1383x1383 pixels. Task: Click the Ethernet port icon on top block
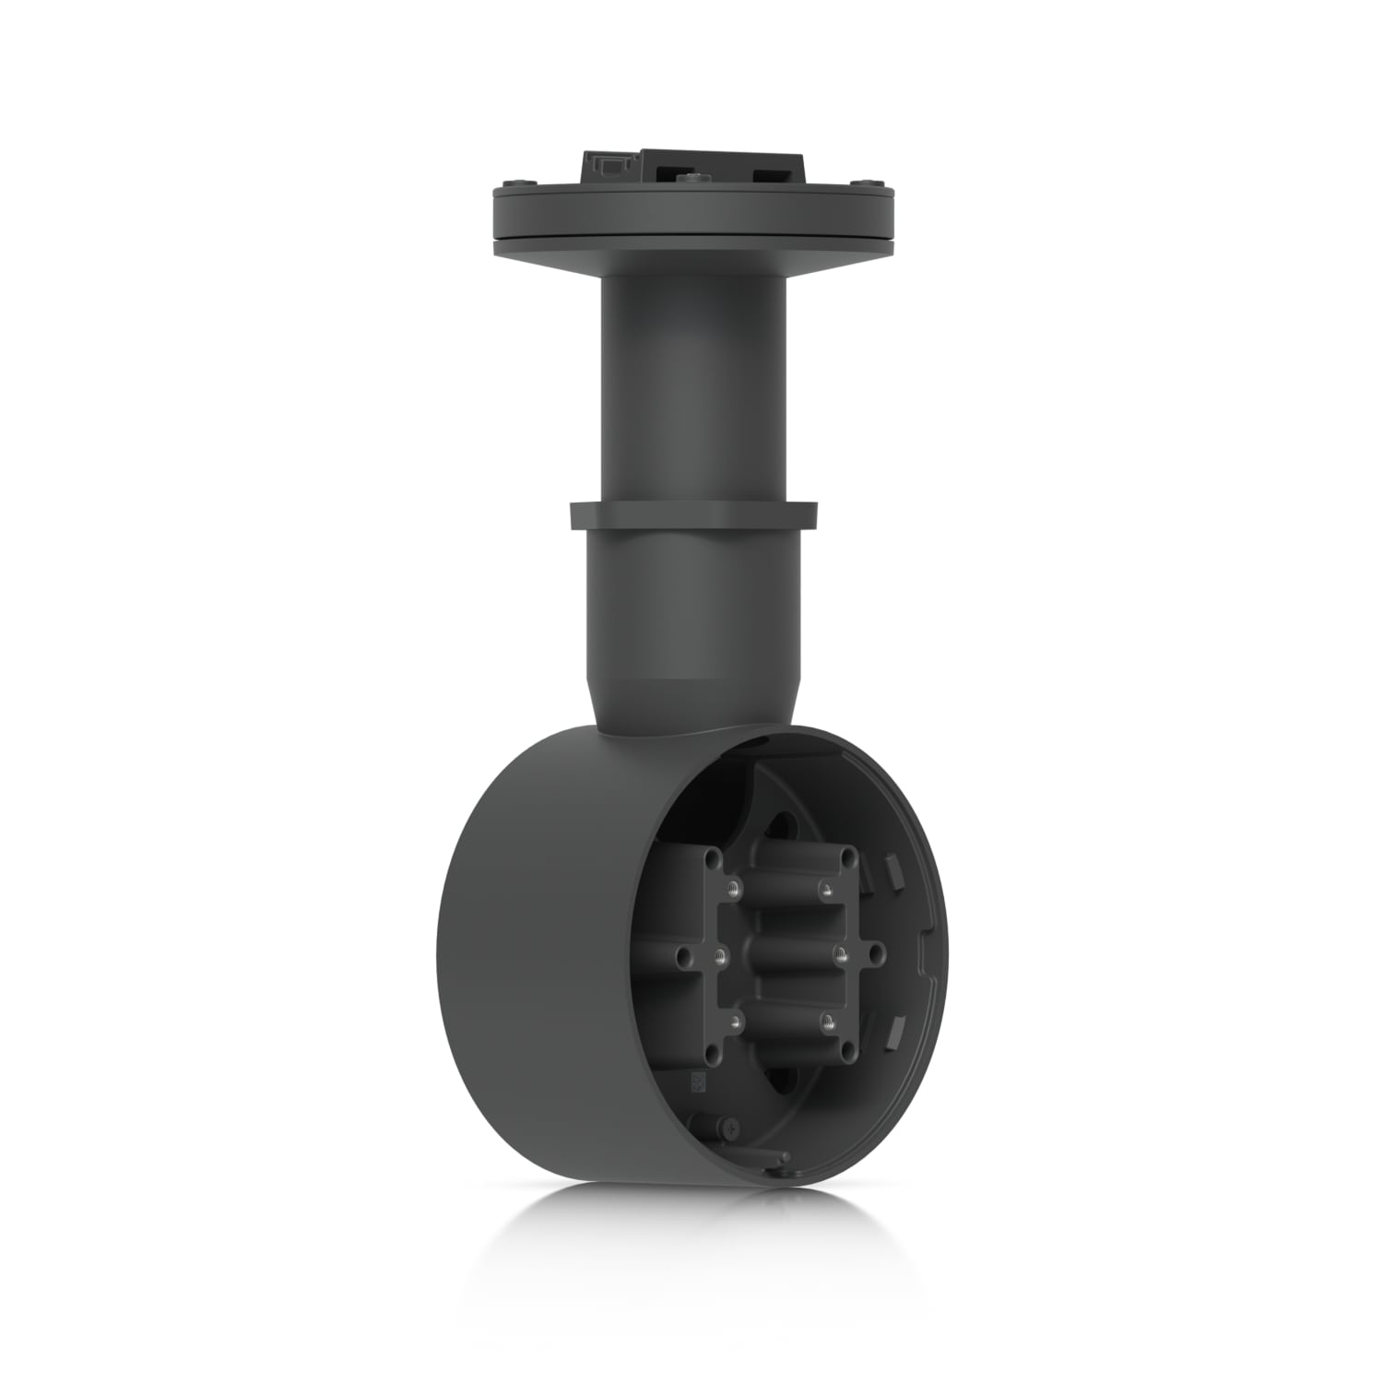pyautogui.click(x=608, y=169)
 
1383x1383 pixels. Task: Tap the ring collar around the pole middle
pyautogui.click(x=692, y=515)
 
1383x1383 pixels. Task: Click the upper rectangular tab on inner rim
pyautogui.click(x=891, y=867)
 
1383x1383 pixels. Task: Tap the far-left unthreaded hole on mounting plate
pyautogui.click(x=680, y=956)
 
